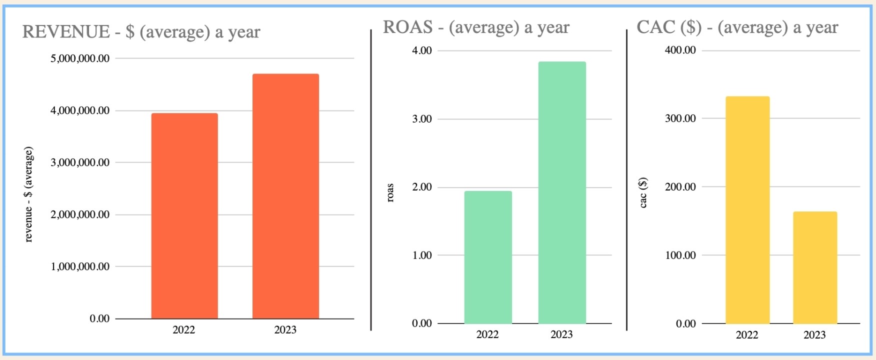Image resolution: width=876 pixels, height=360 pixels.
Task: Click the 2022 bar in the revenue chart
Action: [184, 215]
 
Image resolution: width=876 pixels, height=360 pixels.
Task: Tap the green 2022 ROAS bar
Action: [488, 257]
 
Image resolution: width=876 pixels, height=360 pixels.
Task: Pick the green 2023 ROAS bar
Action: [562, 192]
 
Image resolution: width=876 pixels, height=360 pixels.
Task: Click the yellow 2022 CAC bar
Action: [747, 210]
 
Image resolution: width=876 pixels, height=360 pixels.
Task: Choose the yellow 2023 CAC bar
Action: [815, 267]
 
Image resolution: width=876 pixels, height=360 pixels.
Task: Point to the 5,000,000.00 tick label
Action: [80, 58]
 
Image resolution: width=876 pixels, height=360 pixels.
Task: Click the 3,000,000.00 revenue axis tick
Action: [80, 162]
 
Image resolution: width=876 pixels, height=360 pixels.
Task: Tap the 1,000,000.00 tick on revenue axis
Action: [80, 266]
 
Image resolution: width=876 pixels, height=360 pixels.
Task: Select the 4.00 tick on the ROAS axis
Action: [422, 50]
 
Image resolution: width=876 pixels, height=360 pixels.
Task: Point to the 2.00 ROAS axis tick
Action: [422, 187]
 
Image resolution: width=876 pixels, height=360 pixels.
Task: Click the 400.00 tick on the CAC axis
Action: [680, 50]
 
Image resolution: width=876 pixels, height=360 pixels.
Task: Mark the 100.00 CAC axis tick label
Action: [680, 255]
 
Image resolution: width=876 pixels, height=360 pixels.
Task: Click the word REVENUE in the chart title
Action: [66, 32]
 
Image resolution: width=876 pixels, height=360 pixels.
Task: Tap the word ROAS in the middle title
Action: [407, 27]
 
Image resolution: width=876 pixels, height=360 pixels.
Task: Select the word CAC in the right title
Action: [655, 27]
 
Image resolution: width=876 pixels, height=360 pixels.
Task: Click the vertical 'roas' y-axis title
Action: [390, 192]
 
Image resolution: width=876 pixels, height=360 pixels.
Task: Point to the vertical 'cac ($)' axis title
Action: [643, 192]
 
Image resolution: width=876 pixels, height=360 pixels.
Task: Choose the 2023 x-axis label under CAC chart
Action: [814, 335]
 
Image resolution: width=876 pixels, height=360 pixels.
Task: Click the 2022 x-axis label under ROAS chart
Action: [487, 334]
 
